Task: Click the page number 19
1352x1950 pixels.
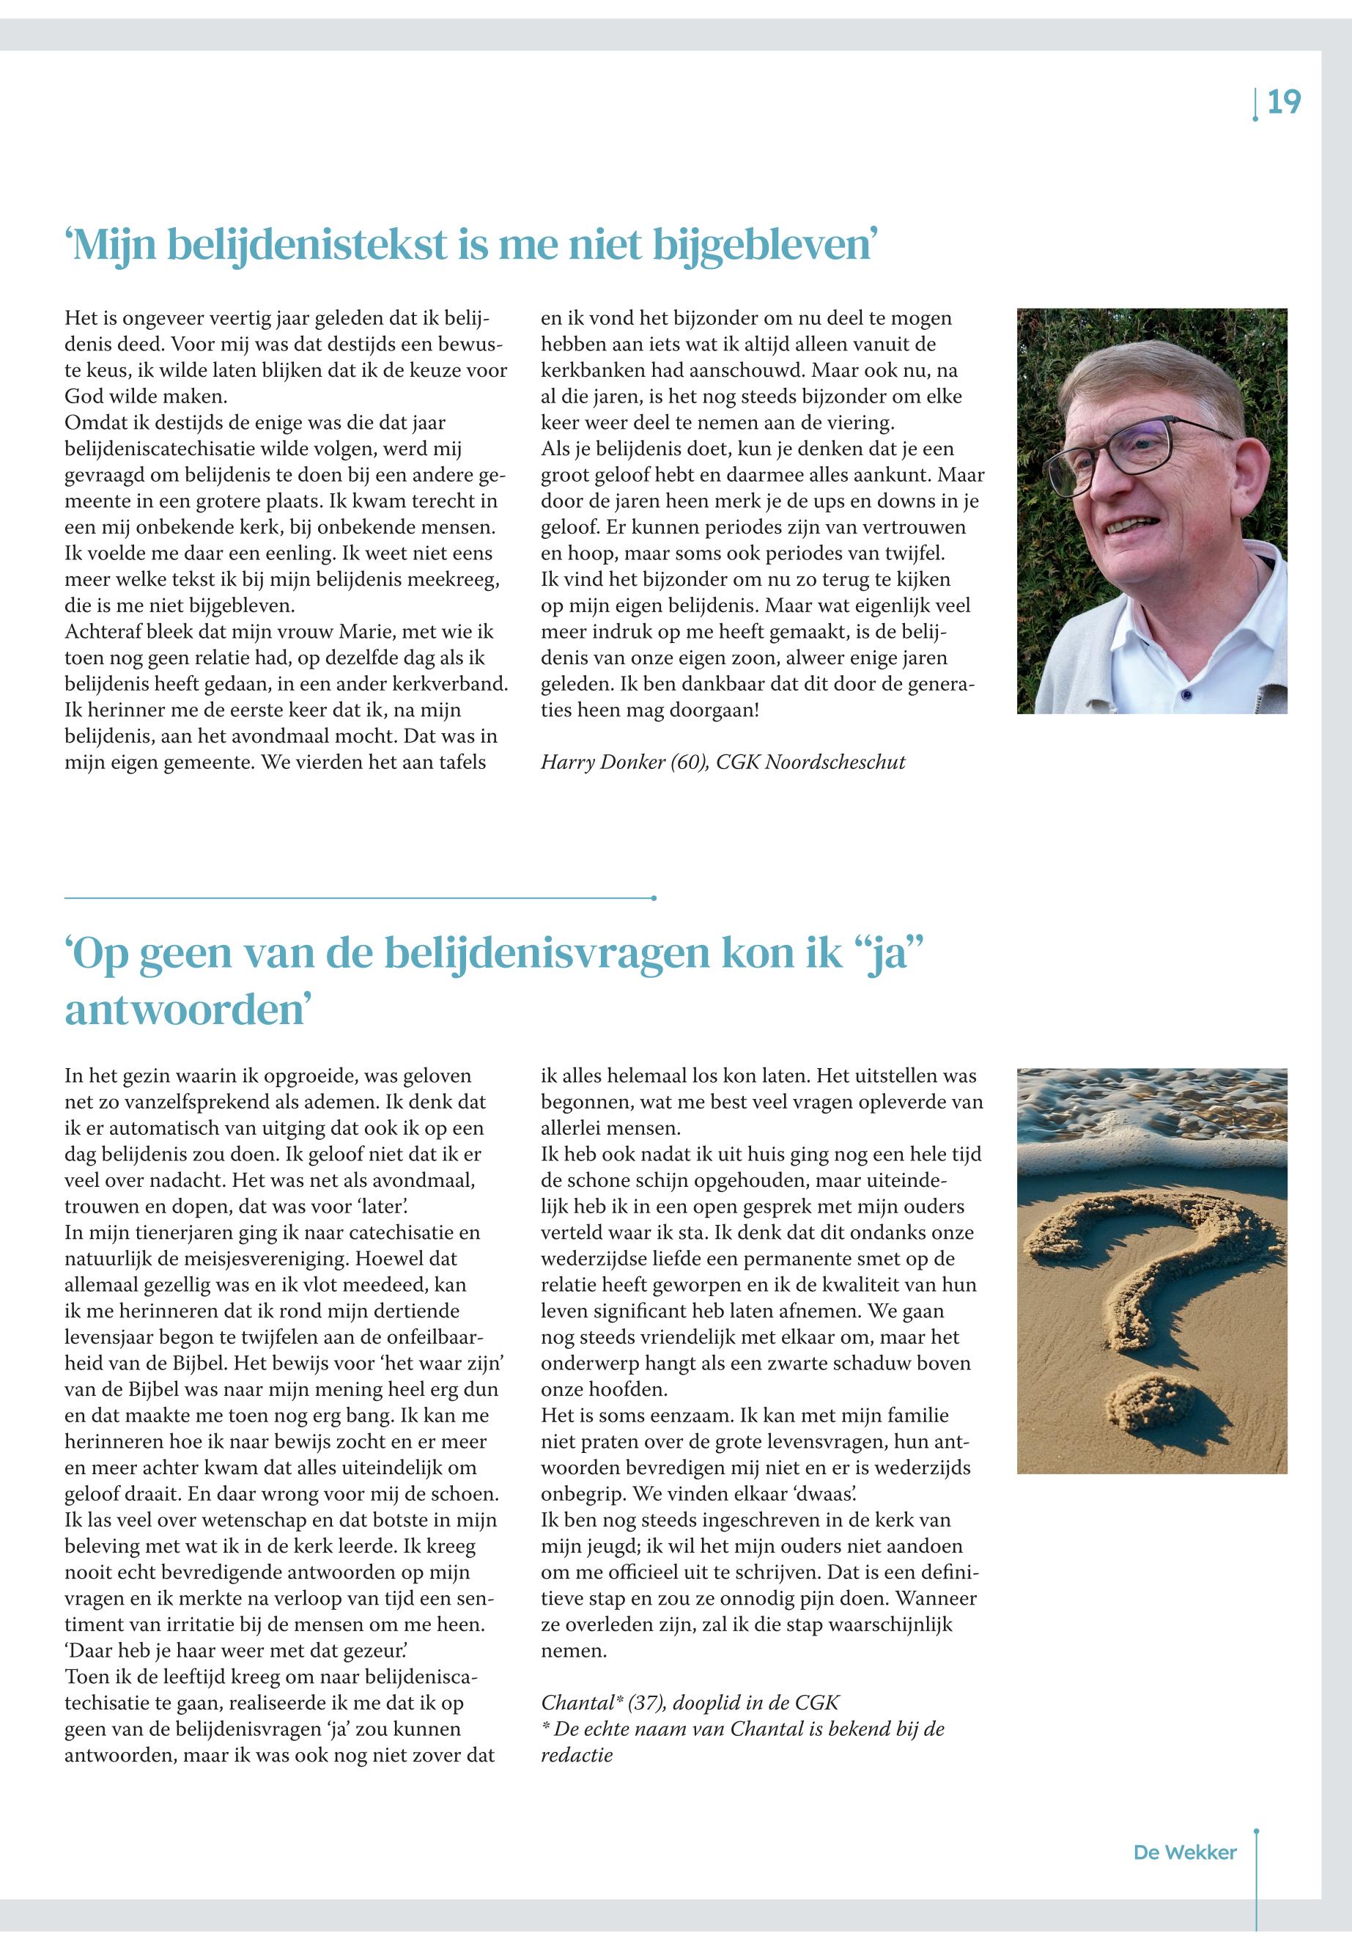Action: point(1283,103)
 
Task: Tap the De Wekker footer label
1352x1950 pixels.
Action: point(1184,1852)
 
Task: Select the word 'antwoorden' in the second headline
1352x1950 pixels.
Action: point(185,1010)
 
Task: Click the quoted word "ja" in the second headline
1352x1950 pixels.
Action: point(883,952)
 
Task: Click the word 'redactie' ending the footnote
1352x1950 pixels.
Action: point(577,1755)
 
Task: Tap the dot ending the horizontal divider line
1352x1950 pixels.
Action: point(654,897)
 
